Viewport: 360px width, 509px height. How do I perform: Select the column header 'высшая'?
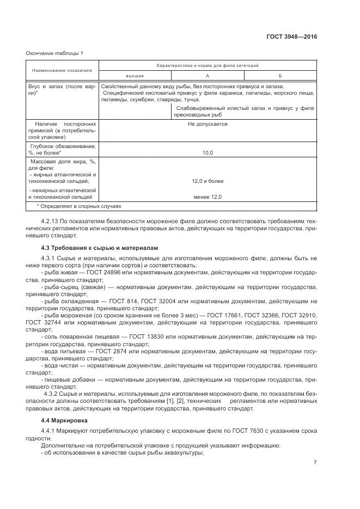pos(135,76)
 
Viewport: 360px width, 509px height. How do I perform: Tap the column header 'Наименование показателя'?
pos(62,70)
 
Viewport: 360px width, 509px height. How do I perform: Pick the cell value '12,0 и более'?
pos(207,181)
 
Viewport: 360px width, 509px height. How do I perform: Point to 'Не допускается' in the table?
pos(207,124)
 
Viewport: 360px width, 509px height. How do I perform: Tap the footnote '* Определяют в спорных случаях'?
pos(78,206)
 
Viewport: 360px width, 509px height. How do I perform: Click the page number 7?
pos(315,463)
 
